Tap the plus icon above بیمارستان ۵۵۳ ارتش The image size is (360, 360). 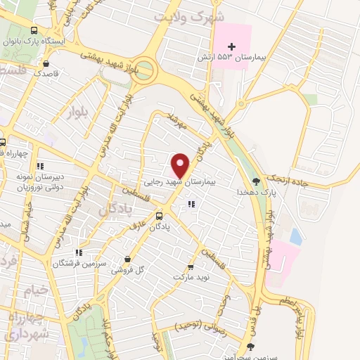coord(232,46)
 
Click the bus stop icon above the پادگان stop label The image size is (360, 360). coord(160,216)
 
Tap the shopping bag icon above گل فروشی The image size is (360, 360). coord(127,259)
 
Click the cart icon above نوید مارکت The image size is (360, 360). coord(190,267)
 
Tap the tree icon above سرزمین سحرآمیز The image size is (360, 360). coord(252,346)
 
